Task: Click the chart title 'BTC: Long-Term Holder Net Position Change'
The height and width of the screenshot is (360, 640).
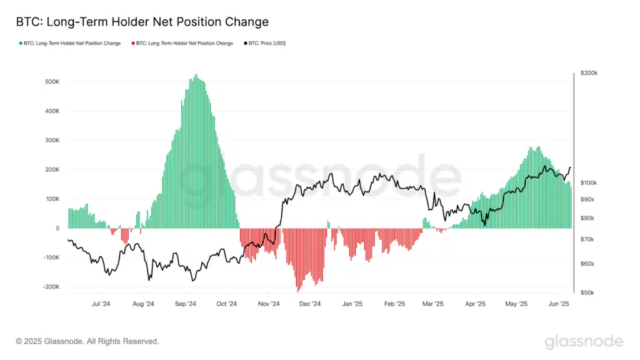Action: [x=142, y=22]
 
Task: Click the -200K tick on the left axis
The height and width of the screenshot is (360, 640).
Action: [x=49, y=287]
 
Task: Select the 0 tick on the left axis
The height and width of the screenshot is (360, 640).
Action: [x=57, y=228]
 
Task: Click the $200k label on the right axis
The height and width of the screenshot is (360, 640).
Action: [x=589, y=73]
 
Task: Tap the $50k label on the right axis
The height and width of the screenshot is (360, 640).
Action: [x=587, y=292]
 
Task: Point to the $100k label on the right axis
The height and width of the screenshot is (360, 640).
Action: [x=589, y=182]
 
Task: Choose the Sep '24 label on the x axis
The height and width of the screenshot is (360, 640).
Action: [x=185, y=304]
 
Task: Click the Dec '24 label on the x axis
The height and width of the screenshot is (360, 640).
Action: [x=309, y=304]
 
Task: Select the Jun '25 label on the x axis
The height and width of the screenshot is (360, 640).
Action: [x=558, y=304]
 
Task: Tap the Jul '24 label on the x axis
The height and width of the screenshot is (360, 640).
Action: [x=101, y=304]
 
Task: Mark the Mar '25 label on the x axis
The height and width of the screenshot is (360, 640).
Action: [x=433, y=304]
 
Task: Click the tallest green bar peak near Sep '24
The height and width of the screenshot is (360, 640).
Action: [x=196, y=76]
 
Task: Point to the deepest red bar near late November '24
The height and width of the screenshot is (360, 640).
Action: [x=298, y=290]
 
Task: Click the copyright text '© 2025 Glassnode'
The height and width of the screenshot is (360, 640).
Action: [x=87, y=341]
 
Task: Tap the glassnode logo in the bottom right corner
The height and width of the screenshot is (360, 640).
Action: [x=584, y=341]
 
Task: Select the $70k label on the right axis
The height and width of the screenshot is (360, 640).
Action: [x=587, y=239]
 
